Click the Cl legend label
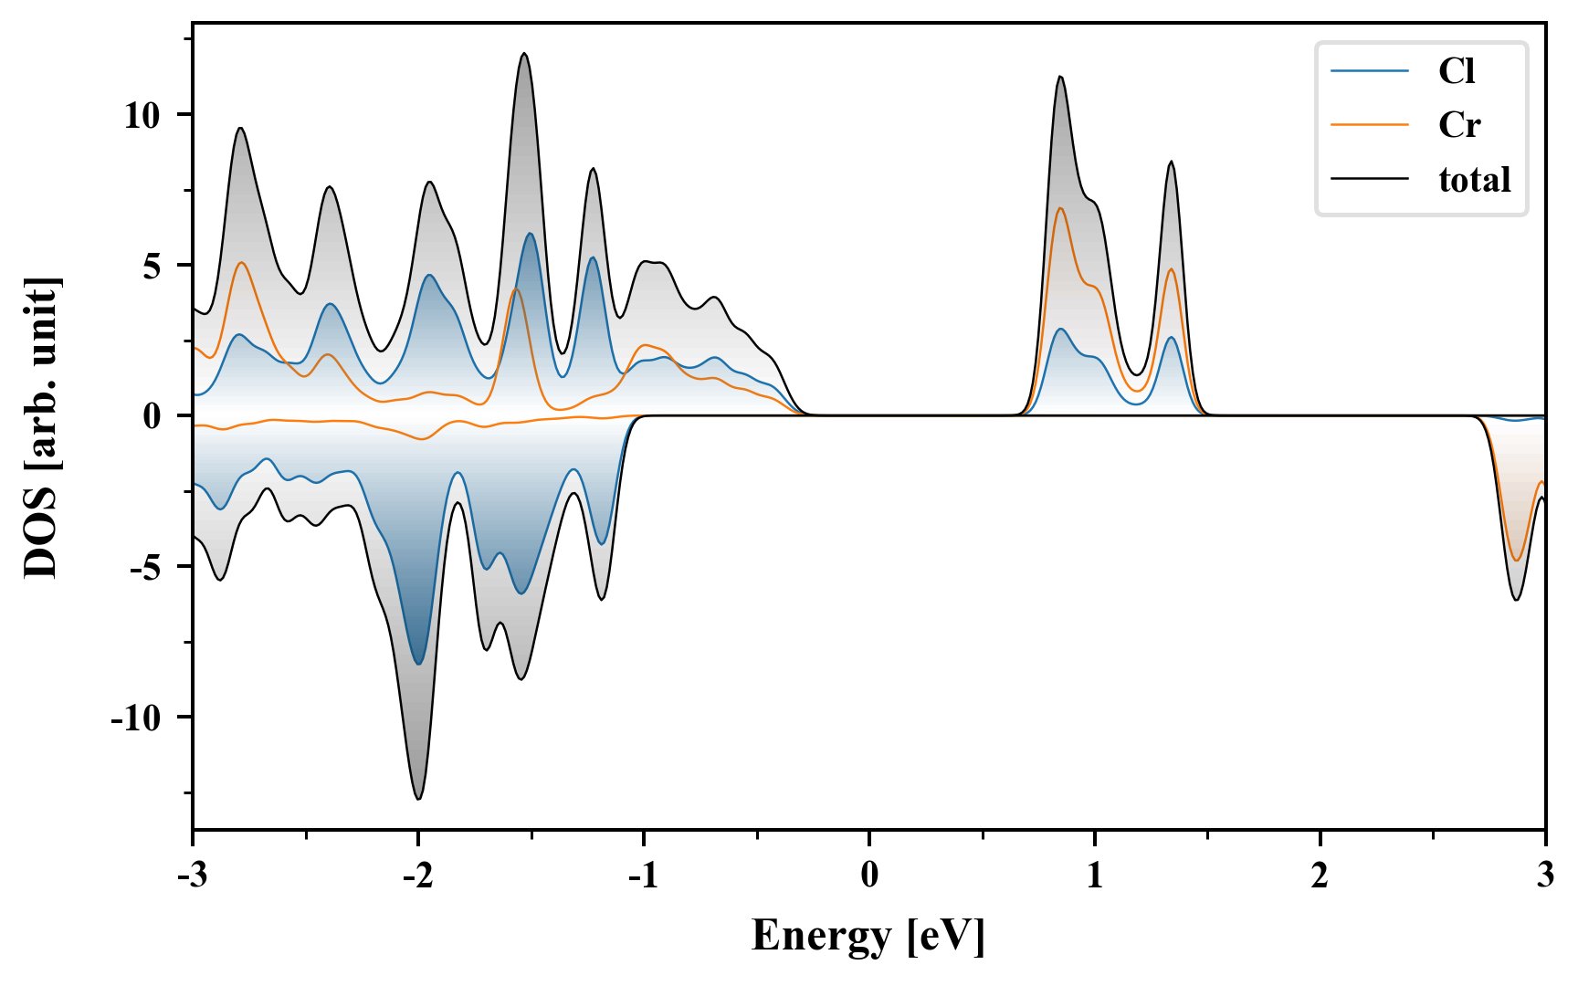(x=1457, y=71)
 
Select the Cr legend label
(x=1458, y=125)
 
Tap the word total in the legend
(x=1474, y=180)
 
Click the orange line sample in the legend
(x=1370, y=124)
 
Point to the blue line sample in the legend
(x=1370, y=70)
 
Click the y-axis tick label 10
(x=142, y=116)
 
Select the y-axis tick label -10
(x=136, y=719)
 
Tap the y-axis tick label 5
(x=152, y=267)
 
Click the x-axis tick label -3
(x=192, y=876)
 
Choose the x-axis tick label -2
(x=417, y=876)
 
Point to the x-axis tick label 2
(x=1320, y=876)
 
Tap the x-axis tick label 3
(x=1544, y=876)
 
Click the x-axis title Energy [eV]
(x=868, y=936)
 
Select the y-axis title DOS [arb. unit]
(x=40, y=427)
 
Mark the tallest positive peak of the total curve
(x=523, y=54)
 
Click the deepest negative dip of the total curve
(x=418, y=799)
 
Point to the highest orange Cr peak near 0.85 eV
(x=1060, y=208)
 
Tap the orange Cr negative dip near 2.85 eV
(x=1517, y=561)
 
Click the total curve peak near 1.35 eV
(x=1171, y=162)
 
